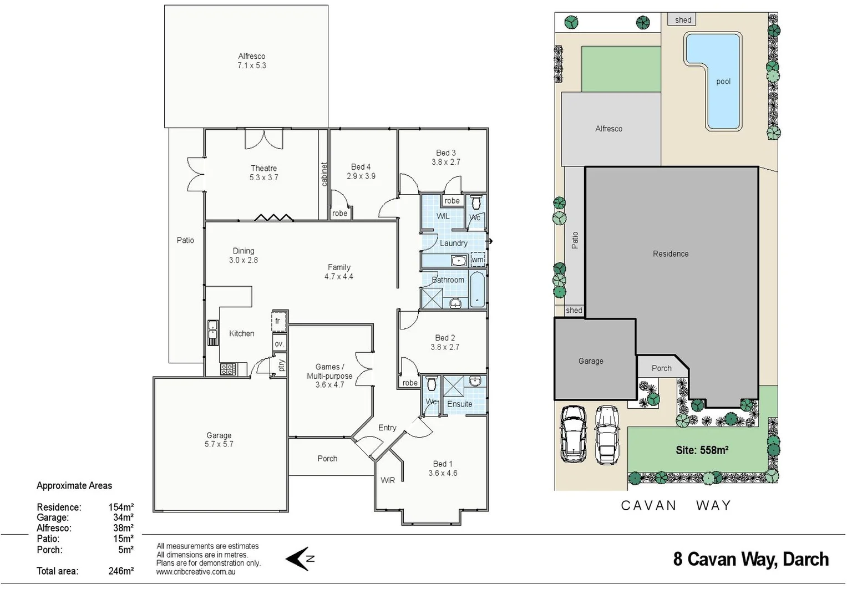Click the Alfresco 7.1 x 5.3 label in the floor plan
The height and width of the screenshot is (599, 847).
pos(252,60)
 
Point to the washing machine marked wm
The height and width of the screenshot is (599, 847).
pos(478,259)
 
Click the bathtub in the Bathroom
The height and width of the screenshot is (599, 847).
pos(478,289)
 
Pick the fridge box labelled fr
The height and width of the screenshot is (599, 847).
pos(278,321)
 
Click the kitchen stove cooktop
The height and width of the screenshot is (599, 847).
pos(227,369)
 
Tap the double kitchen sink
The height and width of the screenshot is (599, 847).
pos(213,333)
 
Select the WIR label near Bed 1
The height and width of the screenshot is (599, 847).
pos(388,480)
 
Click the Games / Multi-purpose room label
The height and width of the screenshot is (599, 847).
pos(329,375)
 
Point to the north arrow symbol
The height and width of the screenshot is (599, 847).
pos(300,559)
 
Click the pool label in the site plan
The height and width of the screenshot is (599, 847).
pos(723,82)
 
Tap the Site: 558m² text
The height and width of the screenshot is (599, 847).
pos(702,450)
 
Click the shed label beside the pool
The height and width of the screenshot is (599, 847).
pos(683,20)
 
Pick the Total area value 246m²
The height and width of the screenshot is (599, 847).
pos(121,571)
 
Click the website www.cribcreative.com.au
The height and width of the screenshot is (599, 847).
pos(195,572)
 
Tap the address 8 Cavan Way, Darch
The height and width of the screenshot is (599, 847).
pos(750,559)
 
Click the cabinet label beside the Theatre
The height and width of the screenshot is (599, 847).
pos(324,174)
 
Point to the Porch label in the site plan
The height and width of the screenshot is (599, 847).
pos(661,368)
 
